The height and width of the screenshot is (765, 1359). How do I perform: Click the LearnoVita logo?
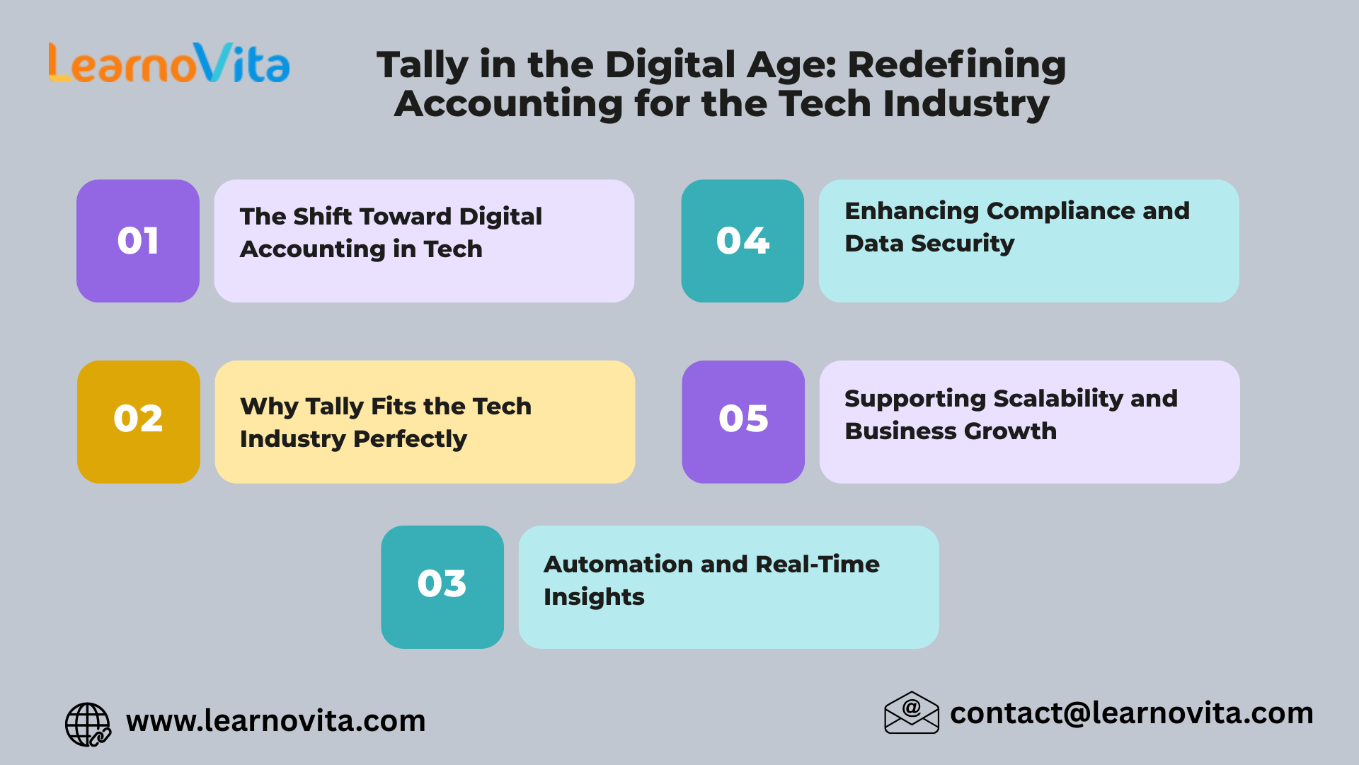click(169, 63)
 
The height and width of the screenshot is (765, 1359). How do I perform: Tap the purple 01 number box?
click(138, 241)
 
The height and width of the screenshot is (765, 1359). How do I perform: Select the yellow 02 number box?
click(139, 421)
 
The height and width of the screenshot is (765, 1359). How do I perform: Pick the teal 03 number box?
click(442, 586)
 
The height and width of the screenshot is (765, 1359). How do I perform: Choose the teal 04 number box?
click(742, 241)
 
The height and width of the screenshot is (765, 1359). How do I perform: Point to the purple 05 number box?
click(743, 421)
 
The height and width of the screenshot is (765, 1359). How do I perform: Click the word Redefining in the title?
click(956, 65)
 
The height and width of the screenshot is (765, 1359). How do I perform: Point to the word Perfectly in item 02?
click(410, 439)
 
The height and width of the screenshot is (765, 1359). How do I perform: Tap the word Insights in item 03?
click(594, 597)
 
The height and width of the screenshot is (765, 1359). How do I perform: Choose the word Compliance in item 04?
click(1060, 211)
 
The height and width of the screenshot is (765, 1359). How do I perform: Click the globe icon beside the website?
click(88, 724)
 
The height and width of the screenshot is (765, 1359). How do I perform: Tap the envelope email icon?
click(912, 713)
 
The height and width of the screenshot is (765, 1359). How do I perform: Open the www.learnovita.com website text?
click(276, 721)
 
